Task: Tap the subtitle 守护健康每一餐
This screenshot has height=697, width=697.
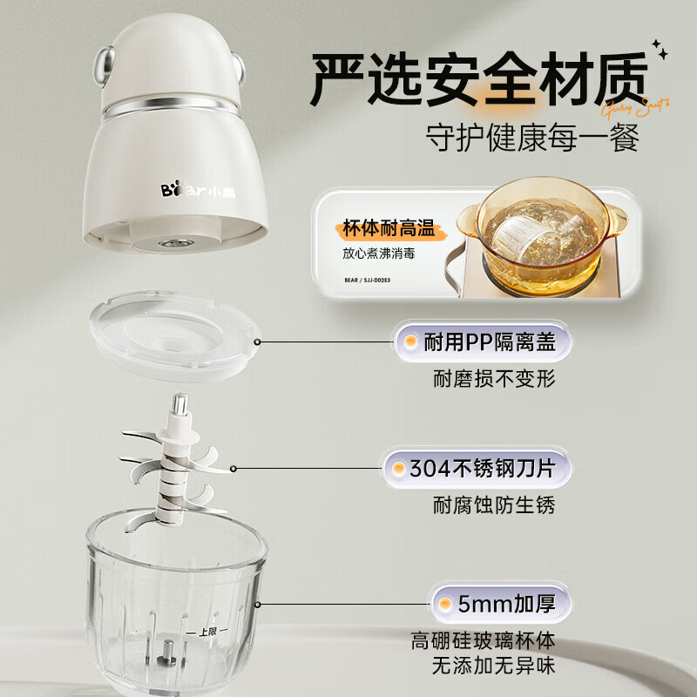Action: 532,138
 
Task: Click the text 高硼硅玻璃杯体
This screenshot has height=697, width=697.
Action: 483,642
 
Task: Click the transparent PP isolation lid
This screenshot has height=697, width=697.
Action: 174,339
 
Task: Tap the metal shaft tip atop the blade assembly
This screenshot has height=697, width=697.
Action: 181,403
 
